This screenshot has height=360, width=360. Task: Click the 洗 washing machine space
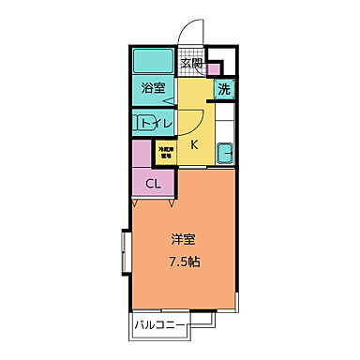click(x=224, y=90)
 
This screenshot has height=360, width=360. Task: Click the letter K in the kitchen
click(x=195, y=145)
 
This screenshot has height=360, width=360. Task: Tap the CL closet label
click(x=152, y=183)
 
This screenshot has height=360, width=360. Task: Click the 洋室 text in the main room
click(x=183, y=240)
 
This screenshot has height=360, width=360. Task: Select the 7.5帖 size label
click(x=183, y=262)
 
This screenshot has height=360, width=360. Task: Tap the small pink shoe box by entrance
click(x=213, y=67)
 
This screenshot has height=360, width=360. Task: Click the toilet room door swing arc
click(x=189, y=123)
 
